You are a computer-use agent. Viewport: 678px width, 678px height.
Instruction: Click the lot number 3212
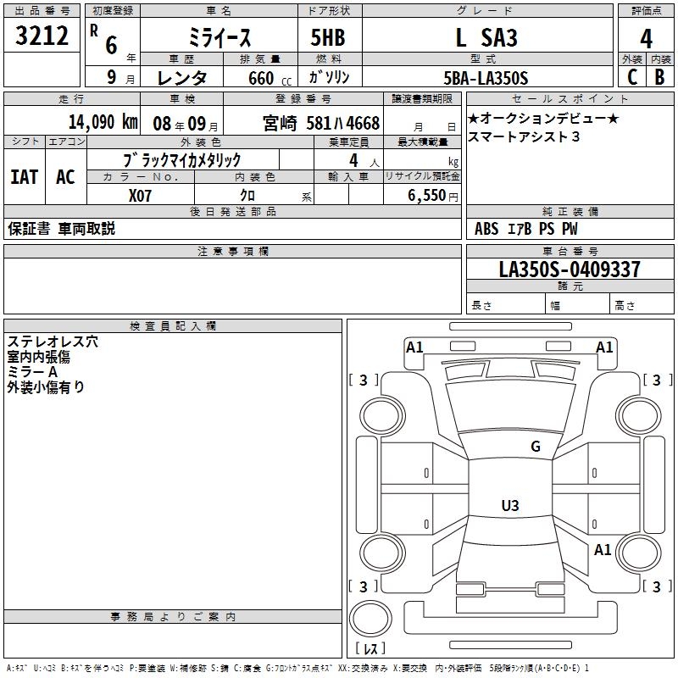click(x=42, y=36)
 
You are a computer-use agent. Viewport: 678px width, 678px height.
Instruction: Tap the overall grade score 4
click(x=646, y=39)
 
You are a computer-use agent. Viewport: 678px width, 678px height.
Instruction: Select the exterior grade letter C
click(x=632, y=77)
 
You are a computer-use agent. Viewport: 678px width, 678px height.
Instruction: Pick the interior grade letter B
click(x=659, y=77)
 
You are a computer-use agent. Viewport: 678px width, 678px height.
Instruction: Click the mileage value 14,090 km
click(x=103, y=122)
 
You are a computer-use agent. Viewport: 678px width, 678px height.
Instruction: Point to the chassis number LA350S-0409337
click(x=570, y=270)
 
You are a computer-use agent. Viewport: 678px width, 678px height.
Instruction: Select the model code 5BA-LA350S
click(x=486, y=78)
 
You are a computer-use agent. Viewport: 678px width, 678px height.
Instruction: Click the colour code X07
click(x=140, y=196)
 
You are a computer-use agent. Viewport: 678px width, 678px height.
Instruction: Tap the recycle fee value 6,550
click(x=426, y=195)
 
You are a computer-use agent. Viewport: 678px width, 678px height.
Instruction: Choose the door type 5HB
click(x=328, y=37)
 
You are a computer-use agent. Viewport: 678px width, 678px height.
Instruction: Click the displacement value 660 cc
click(x=270, y=78)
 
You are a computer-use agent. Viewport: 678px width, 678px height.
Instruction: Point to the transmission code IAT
click(x=25, y=177)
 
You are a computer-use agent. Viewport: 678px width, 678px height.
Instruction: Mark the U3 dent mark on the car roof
click(x=510, y=505)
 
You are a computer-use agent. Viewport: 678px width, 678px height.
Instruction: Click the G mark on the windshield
click(x=536, y=447)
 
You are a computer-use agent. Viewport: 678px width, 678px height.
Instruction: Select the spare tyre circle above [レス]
click(x=370, y=619)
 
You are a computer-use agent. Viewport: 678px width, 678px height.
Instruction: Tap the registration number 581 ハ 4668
click(x=343, y=123)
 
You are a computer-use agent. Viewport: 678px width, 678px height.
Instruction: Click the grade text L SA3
click(x=486, y=37)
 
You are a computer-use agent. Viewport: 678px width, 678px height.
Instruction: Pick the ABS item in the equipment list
click(x=486, y=229)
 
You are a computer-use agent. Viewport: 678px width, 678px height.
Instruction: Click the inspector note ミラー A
click(x=32, y=372)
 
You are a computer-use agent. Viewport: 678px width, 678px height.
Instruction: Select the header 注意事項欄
click(x=233, y=251)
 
